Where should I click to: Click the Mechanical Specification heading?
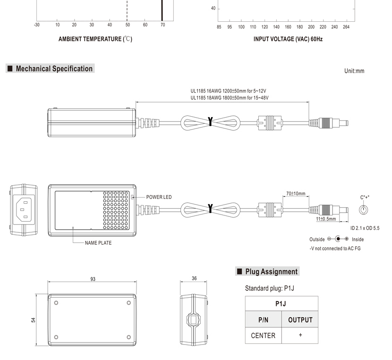coord(54,69)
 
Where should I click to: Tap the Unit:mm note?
coord(354,71)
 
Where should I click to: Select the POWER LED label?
coord(159,197)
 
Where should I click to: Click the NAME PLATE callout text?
coord(98,243)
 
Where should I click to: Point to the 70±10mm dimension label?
coord(296,194)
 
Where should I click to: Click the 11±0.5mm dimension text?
coord(326,219)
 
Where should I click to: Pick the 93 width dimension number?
coord(93,279)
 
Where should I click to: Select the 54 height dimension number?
coord(34,320)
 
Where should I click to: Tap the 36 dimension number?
coord(194,279)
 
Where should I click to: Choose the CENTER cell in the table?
coord(263,335)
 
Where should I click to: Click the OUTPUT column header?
coord(300,320)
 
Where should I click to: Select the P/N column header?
coord(263,320)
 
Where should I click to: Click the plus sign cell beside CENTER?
coord(300,335)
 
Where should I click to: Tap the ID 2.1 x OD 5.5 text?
coord(365,228)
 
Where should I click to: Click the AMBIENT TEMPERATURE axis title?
coord(95,39)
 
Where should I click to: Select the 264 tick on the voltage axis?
coord(346,27)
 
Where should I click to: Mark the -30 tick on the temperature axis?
coord(37,25)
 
